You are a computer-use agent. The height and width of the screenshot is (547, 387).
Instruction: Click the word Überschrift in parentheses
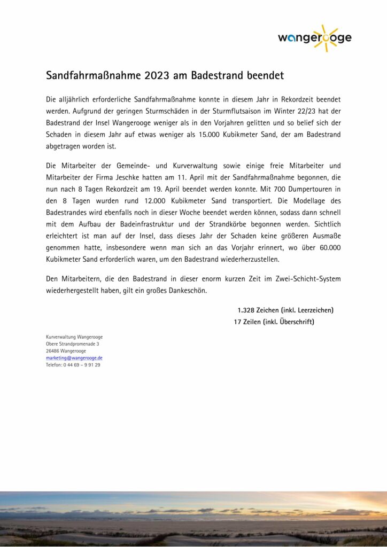[x=295, y=322]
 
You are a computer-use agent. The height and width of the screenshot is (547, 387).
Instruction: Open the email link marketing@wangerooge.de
[x=74, y=358]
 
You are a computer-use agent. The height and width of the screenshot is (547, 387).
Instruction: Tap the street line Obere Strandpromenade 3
[x=72, y=344]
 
